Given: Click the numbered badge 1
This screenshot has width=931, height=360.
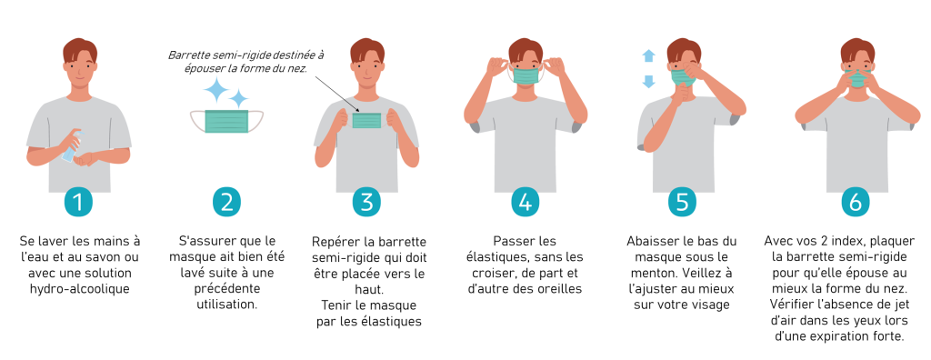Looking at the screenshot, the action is click(78, 202).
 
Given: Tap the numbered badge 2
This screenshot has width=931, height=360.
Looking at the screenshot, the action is click(226, 202).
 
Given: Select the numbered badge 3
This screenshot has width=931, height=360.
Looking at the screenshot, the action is click(366, 202).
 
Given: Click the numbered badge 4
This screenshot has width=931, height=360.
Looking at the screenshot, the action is click(525, 202).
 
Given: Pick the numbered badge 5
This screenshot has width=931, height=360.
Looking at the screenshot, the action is click(682, 202).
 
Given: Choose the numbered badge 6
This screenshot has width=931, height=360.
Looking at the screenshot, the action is click(855, 202).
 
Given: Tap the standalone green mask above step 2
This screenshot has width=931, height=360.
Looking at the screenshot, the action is click(226, 121).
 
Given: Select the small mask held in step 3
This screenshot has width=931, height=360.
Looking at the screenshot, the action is click(366, 120).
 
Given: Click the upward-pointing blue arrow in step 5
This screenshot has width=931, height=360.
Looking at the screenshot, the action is click(648, 56).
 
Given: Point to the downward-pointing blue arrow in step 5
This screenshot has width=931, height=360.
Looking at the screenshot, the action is click(648, 82).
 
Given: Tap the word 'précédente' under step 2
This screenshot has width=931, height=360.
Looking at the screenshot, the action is click(226, 289).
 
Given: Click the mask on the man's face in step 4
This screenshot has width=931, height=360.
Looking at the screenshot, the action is click(526, 75).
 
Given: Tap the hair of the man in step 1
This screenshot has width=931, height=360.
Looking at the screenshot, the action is click(80, 49).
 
